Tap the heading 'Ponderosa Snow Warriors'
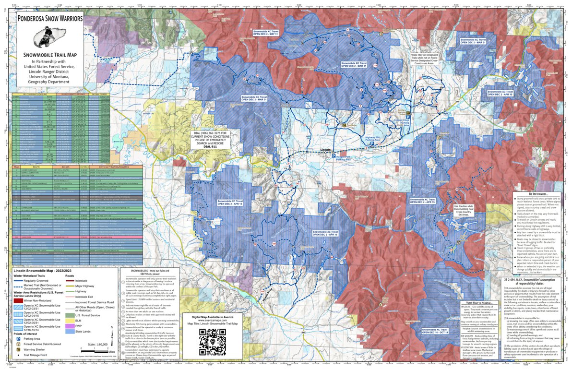[50, 19]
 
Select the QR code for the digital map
[212, 342]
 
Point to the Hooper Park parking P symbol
[333, 155]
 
